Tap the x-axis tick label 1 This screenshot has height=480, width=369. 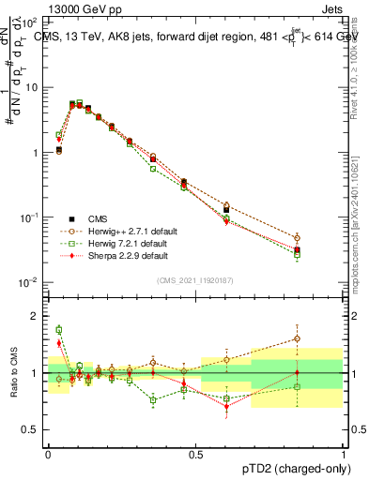(x=344, y=454)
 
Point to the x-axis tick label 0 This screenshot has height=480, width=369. (x=48, y=454)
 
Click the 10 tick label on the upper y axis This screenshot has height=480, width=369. (x=33, y=87)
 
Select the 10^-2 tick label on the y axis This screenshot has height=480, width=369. (x=31, y=282)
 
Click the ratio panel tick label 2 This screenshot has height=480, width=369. (x=36, y=316)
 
